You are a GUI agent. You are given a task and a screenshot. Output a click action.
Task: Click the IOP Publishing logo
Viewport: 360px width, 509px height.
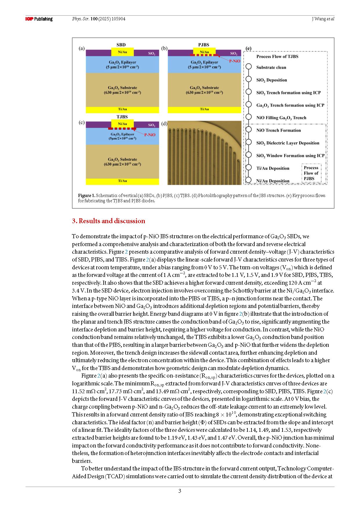pyautogui.click(x=39, y=19)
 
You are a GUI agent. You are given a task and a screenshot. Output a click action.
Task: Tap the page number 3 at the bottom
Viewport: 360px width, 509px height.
pyautogui.click(x=180, y=491)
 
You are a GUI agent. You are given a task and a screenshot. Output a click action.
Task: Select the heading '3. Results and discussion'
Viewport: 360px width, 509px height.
pyautogui.click(x=108, y=221)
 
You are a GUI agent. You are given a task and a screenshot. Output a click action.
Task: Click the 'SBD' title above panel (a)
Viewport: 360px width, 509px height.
pyautogui.click(x=121, y=45)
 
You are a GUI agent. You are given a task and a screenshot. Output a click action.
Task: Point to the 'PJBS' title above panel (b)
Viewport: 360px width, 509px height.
pyautogui.click(x=204, y=45)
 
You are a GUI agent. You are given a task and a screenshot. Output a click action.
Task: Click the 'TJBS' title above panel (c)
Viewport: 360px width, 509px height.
pyautogui.click(x=122, y=117)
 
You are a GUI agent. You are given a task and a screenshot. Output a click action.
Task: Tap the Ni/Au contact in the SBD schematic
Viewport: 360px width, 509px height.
pyautogui.click(x=122, y=52)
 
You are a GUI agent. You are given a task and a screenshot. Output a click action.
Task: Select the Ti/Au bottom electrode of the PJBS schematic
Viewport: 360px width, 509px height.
pyautogui.click(x=204, y=109)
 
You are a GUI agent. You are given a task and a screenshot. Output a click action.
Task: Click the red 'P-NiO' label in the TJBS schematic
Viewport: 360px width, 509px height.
pyautogui.click(x=150, y=135)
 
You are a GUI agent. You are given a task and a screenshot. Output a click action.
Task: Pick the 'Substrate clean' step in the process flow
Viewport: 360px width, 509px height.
pyautogui.click(x=271, y=67)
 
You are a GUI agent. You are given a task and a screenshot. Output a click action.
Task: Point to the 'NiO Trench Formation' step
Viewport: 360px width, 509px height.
pyautogui.click(x=278, y=130)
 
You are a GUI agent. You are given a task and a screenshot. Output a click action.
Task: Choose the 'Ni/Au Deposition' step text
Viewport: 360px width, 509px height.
pyautogui.click(x=273, y=181)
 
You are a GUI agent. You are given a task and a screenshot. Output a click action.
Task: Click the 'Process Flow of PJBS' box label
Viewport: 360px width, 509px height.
pyautogui.click(x=311, y=173)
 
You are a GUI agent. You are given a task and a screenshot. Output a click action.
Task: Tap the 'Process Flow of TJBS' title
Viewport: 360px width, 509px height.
pyautogui.click(x=277, y=57)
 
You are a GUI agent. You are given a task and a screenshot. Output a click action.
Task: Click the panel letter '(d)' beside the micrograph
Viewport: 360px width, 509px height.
pyautogui.click(x=164, y=124)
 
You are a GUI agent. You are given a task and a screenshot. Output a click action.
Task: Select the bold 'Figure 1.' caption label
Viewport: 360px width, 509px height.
pyautogui.click(x=86, y=196)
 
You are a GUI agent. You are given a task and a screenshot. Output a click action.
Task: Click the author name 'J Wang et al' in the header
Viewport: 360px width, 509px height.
pyautogui.click(x=323, y=19)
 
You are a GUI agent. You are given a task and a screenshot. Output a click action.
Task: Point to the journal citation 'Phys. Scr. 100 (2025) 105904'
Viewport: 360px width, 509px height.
pyautogui.click(x=99, y=19)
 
